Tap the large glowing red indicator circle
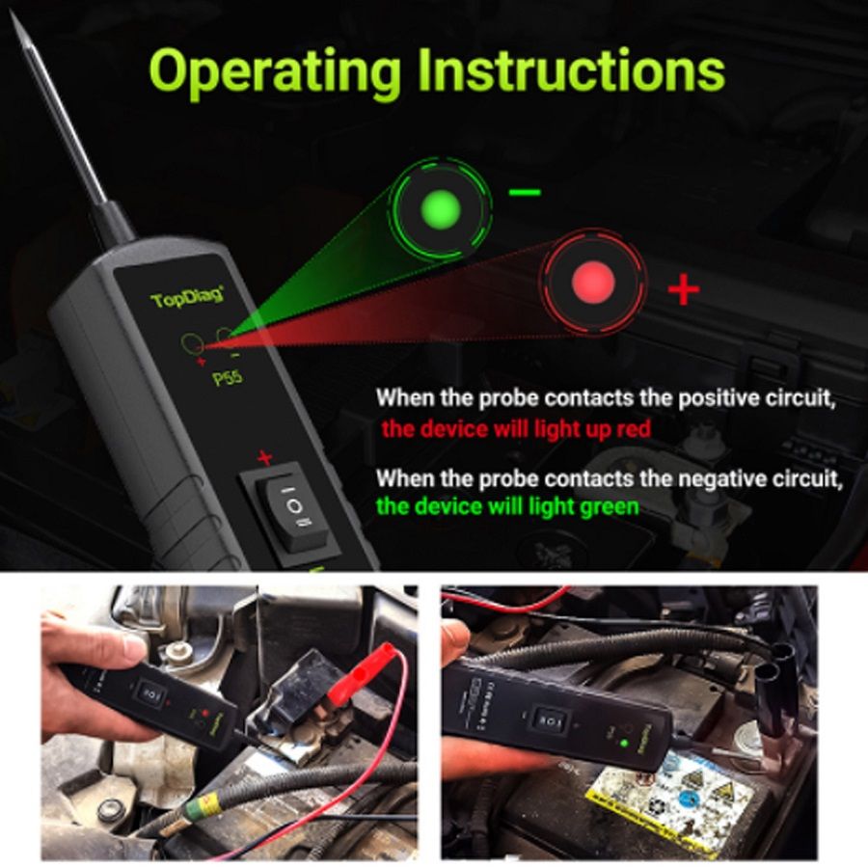point(593,282)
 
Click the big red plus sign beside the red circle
point(683,288)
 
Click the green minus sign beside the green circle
point(525,192)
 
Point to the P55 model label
point(227,378)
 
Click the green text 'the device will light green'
point(507,505)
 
